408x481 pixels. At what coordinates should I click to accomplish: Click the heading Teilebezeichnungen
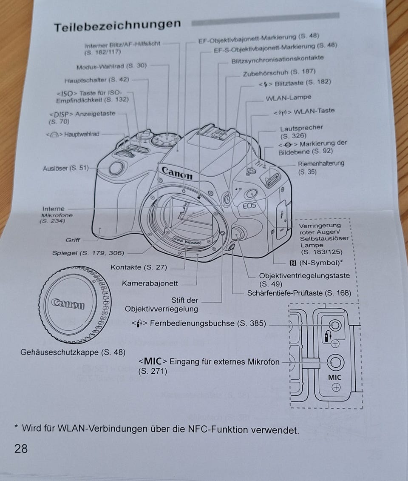coord(117,26)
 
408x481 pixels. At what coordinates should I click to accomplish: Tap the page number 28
coord(21,448)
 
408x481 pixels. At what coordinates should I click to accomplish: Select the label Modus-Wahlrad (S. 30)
coord(111,66)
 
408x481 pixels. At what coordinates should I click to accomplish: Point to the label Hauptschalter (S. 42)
coord(96,80)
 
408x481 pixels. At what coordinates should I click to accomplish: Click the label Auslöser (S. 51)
coord(66,168)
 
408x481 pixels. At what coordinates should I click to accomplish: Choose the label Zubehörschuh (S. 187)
coord(279,73)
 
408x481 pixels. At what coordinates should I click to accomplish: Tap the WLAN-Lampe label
coord(288,98)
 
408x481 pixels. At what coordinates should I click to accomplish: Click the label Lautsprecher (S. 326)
coord(301,132)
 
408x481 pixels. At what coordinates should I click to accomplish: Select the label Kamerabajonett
coord(150,283)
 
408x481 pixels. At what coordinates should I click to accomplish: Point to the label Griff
coord(73,240)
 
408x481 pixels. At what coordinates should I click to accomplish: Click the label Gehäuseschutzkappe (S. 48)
coord(73,352)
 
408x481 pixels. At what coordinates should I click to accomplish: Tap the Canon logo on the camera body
coord(177,173)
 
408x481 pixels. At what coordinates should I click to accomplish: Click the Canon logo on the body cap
coord(68,304)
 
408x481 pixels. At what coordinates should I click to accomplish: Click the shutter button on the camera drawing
coord(116,169)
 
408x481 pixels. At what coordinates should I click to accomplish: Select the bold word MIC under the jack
coord(334,377)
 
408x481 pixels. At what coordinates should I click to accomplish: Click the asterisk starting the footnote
coord(16,427)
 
